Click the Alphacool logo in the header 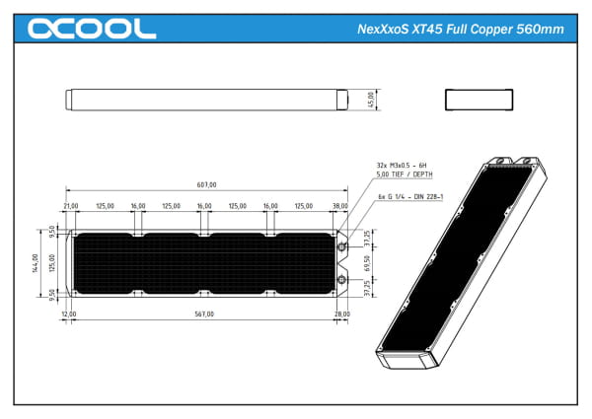pos(91,29)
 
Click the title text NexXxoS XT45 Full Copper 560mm pos(460,29)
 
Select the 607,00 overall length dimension pos(204,184)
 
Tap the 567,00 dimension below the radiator pos(204,314)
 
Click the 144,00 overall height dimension pos(34,263)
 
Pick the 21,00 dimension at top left pos(71,207)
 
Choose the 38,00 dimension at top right pos(339,207)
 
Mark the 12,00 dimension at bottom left pos(68,314)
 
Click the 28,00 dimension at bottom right pos(342,314)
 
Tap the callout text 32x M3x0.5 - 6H pos(403,166)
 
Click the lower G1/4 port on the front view pos(341,281)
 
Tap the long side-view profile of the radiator pos(206,100)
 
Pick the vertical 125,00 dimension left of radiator pos(51,263)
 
